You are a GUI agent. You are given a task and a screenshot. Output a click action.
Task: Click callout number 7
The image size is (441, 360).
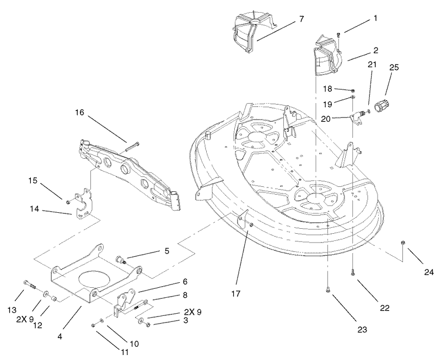(301, 19)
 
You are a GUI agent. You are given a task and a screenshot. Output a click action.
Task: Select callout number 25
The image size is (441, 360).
(394, 68)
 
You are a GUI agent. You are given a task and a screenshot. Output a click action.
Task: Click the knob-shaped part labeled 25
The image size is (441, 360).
(381, 106)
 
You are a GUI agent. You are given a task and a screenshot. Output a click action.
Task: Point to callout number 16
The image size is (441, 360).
(79, 112)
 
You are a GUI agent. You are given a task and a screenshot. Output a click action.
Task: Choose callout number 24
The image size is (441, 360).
(429, 272)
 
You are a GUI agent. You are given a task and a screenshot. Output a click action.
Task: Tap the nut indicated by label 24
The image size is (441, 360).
(403, 243)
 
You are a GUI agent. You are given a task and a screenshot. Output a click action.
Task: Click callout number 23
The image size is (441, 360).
(362, 329)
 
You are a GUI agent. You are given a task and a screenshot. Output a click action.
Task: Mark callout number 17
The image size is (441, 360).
(236, 294)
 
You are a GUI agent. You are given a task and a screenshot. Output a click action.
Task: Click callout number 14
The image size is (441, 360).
(35, 209)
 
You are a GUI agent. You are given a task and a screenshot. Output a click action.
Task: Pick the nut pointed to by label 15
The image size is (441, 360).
(67, 202)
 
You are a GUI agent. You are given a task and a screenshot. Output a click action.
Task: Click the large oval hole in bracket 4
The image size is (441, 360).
(93, 280)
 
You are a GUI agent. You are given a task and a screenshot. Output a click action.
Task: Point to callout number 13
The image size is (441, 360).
(11, 310)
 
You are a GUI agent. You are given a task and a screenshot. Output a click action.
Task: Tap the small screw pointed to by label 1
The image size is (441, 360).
(339, 35)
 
